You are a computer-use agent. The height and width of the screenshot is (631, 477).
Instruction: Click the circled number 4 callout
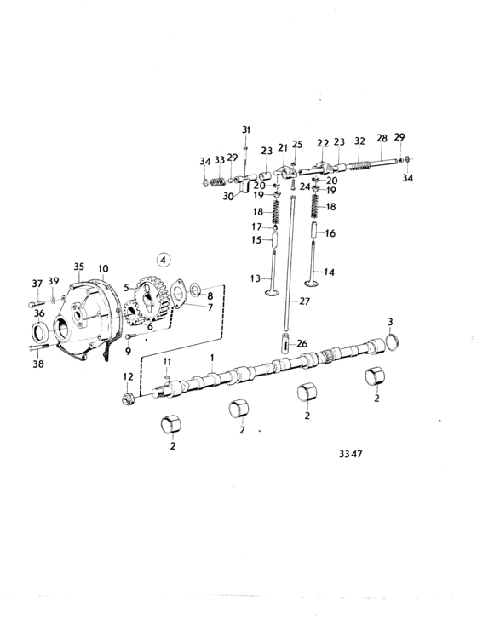[x=163, y=260]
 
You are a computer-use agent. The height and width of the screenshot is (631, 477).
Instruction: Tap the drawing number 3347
[x=351, y=454]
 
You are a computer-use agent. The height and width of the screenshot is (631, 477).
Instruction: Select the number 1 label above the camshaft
[x=212, y=358]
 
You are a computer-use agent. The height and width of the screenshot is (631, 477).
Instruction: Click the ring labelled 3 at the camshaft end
[x=393, y=341]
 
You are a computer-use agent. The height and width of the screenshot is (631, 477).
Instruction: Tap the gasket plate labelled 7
[x=178, y=293]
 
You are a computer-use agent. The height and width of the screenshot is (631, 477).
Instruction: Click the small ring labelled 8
[x=196, y=289]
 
